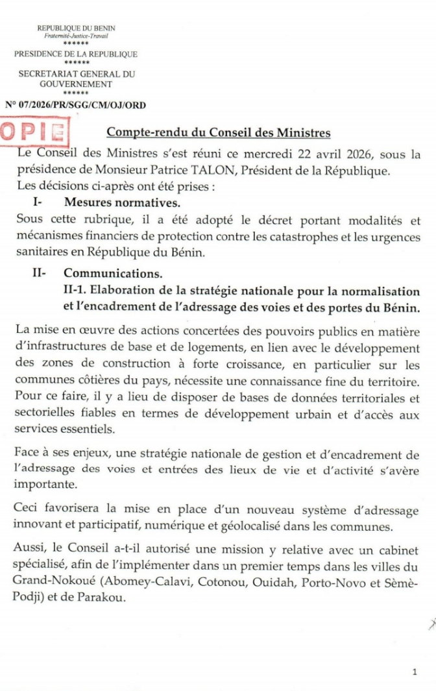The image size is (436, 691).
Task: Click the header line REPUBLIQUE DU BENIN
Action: [76, 28]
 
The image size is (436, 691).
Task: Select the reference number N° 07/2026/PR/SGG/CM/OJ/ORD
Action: [75, 104]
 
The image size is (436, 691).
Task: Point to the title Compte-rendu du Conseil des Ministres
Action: [219, 133]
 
